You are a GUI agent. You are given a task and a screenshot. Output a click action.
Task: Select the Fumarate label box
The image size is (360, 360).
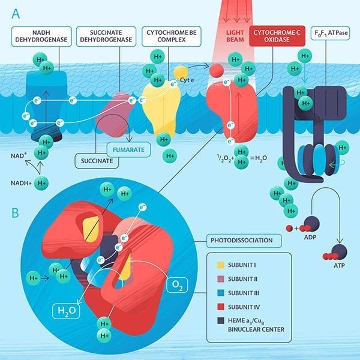[x=128, y=149]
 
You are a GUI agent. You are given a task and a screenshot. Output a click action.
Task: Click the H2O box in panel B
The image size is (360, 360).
[x=65, y=311]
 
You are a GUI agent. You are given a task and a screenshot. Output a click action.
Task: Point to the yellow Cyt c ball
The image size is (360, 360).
[x=181, y=73]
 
